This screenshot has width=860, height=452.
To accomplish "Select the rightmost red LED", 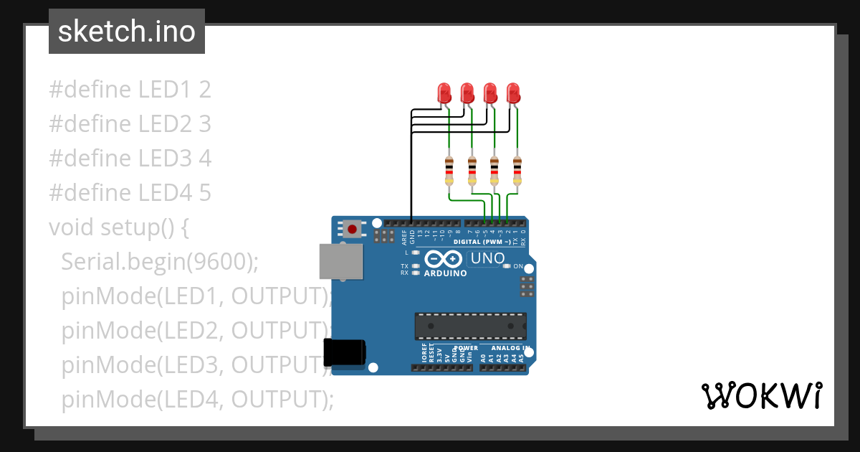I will pos(513,93).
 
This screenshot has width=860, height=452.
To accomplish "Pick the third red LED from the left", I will pos(490,93).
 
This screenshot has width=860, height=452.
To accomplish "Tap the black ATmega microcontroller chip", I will pos(470,326).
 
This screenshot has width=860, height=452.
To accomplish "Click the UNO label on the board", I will pos(487,258).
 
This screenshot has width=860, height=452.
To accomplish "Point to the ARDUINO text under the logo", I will pos(445,273).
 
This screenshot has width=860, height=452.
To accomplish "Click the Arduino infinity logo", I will pos(443,259).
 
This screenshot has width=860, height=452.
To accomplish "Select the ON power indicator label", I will pos(518,266).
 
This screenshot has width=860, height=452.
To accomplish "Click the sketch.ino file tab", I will pos(127,32).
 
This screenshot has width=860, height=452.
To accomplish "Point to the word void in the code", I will pos(72,227).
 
